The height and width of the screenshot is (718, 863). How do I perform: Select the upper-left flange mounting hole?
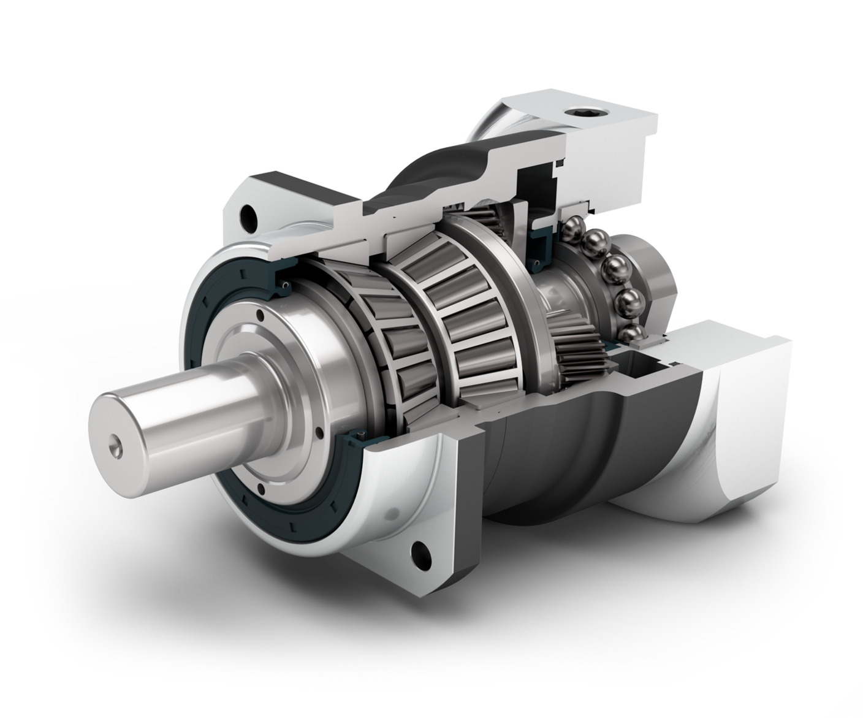(x=249, y=215)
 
